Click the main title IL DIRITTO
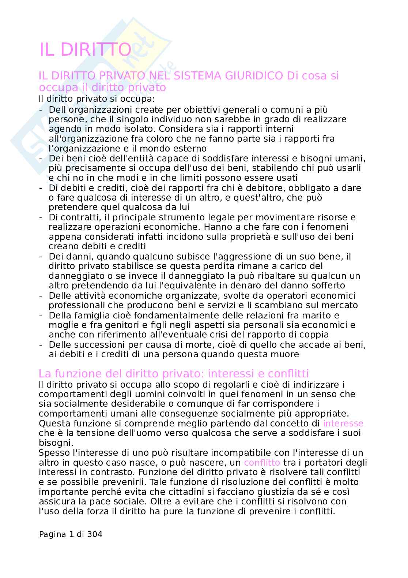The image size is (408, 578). [85, 50]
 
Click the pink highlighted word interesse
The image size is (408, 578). [343, 424]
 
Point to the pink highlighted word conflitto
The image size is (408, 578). [262, 462]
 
